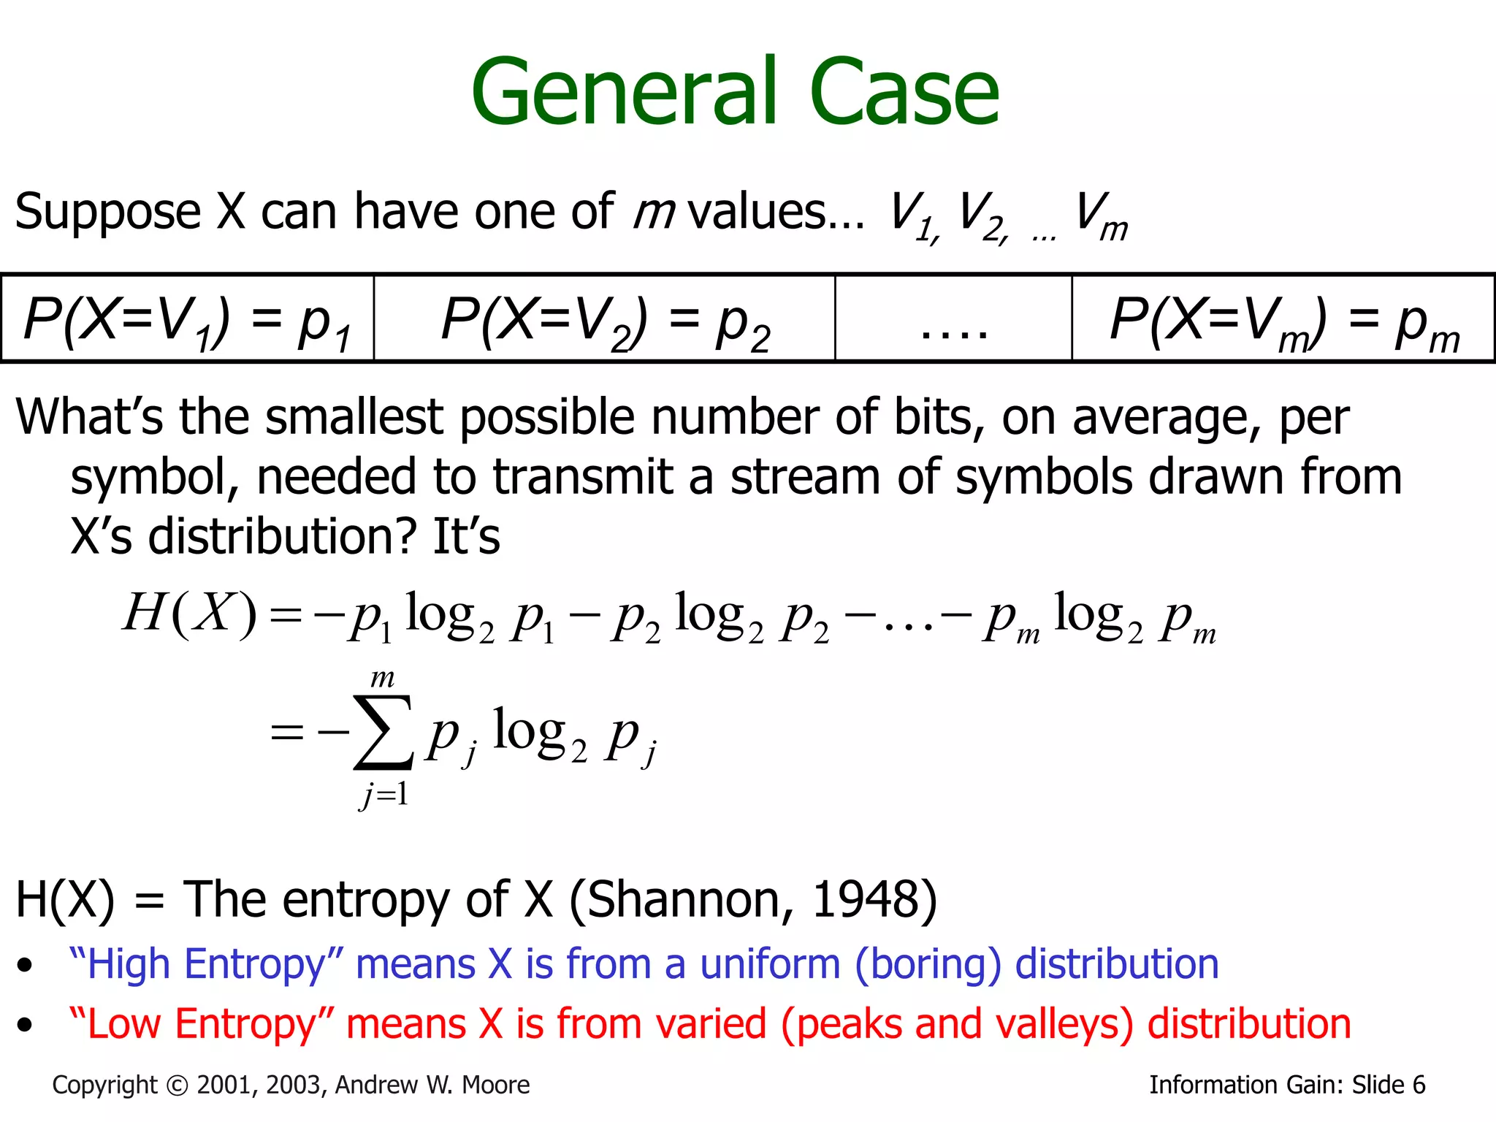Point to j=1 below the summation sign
[384, 794]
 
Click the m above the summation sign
[382, 679]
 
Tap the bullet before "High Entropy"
[26, 966]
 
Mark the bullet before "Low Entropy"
[26, 1026]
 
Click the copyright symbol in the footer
[178, 1085]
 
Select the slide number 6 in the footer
[1419, 1085]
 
